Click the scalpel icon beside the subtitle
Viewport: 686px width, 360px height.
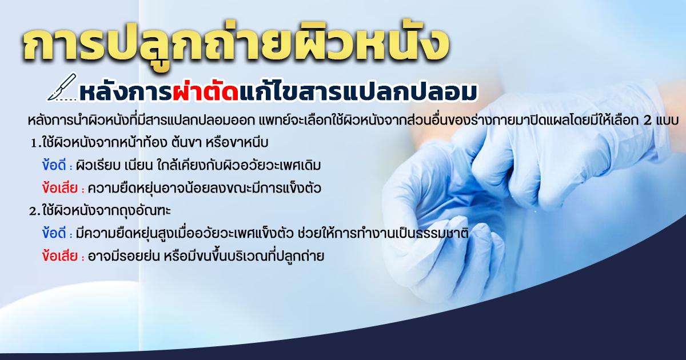pos(62,87)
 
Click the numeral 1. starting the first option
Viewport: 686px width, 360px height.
pos(36,143)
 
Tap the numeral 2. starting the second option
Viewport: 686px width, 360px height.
pos(35,211)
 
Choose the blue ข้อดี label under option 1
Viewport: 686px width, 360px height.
pos(54,165)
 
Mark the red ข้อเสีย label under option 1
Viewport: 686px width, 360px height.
pos(59,187)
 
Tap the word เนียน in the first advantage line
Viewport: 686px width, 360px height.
pos(139,166)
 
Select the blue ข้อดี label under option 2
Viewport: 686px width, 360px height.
pos(54,233)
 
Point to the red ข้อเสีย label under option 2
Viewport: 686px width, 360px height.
pos(59,256)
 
